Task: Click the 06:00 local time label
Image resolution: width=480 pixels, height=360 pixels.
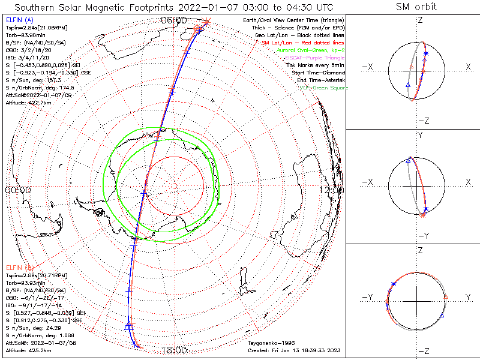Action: pos(174,20)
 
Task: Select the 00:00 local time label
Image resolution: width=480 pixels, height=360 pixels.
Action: pos(17,190)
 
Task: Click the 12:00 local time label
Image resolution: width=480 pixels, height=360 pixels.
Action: pos(332,190)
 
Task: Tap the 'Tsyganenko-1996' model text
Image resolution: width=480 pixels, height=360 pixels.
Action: pos(269,343)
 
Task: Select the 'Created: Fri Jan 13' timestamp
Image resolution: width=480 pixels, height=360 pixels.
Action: pos(294,350)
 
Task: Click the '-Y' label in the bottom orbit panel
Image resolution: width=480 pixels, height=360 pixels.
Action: pos(370,297)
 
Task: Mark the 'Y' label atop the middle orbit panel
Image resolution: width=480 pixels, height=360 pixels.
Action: pos(420,136)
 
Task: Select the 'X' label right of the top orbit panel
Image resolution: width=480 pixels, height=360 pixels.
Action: pos(468,67)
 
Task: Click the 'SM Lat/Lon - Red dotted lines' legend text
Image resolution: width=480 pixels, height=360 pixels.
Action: pos(302,43)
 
